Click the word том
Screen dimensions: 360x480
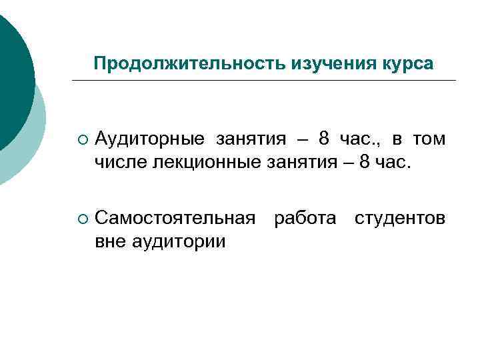428,139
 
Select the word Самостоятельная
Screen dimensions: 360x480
175,218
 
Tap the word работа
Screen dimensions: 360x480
305,218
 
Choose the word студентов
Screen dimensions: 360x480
400,218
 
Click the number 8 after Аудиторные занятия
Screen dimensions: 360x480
324,139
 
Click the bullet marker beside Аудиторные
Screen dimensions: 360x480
81,140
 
